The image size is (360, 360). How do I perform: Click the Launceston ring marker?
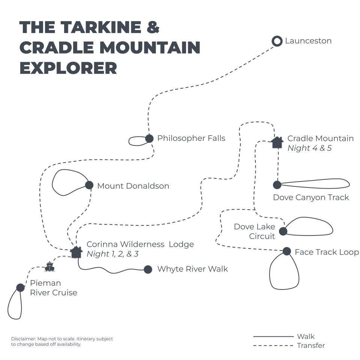point(277,41)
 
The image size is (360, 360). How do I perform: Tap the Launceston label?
point(308,41)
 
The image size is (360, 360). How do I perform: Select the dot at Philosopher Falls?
point(149,138)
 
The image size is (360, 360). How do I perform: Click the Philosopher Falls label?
point(191,138)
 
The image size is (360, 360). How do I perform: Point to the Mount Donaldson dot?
point(89,185)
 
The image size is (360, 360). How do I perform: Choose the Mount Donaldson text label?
point(133,186)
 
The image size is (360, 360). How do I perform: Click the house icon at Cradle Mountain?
point(277,142)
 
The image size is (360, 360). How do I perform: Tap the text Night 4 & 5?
point(309,148)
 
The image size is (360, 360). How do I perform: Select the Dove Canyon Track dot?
point(277,185)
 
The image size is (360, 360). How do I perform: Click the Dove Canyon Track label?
point(311,198)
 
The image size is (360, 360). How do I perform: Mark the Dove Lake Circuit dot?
point(283,231)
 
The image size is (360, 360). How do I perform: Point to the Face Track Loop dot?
point(287,251)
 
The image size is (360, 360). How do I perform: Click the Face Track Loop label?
point(327,252)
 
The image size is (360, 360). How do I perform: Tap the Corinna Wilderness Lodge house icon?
point(76,252)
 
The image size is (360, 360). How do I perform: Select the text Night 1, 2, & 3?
point(112,254)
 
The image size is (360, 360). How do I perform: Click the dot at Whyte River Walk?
point(148,269)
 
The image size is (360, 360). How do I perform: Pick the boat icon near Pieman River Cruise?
point(49,267)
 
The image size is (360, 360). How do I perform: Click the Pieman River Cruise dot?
point(21,288)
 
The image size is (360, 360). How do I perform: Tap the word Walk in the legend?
point(306,336)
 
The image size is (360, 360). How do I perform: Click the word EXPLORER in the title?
point(68,68)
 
